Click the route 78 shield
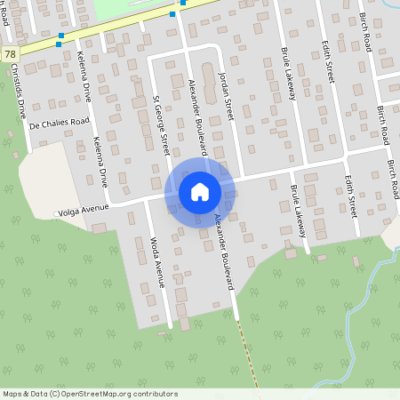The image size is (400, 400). coord(9,54)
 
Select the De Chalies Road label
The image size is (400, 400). coord(60,122)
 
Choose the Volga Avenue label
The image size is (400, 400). coord(83,212)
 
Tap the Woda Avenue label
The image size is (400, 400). coord(155,261)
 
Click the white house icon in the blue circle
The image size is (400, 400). coord(200,191)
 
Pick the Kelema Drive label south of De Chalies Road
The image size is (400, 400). coord(100,161)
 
